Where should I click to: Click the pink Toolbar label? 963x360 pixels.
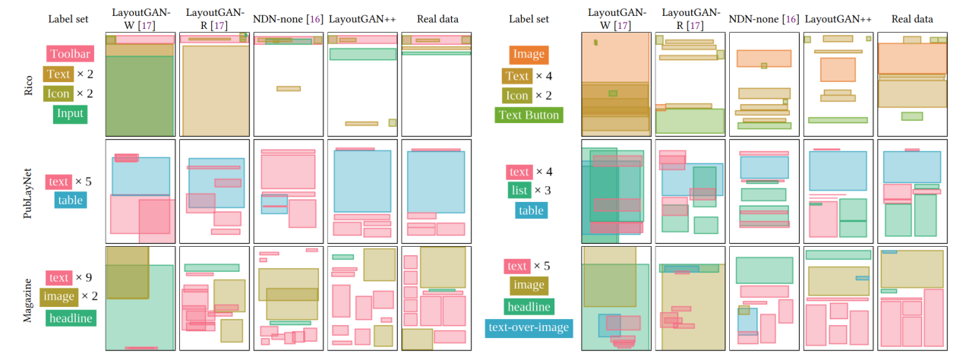(70, 54)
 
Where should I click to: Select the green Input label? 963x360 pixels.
(70, 114)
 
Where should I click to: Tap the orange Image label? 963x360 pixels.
(529, 55)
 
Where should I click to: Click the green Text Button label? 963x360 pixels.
(529, 115)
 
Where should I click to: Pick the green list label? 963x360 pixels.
(519, 191)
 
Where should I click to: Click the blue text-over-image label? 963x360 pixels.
(529, 327)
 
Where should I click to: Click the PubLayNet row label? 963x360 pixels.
(27, 190)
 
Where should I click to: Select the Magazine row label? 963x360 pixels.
(27, 299)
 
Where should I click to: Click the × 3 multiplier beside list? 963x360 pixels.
(546, 191)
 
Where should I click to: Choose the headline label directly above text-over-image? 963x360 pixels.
(529, 306)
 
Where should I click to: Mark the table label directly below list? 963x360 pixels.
(531, 210)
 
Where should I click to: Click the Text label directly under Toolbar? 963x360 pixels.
(58, 74)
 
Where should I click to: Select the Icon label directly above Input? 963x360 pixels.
(58, 94)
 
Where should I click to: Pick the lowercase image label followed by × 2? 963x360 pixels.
(58, 298)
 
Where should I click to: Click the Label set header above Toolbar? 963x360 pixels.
(69, 18)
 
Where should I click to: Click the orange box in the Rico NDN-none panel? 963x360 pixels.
(764, 58)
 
